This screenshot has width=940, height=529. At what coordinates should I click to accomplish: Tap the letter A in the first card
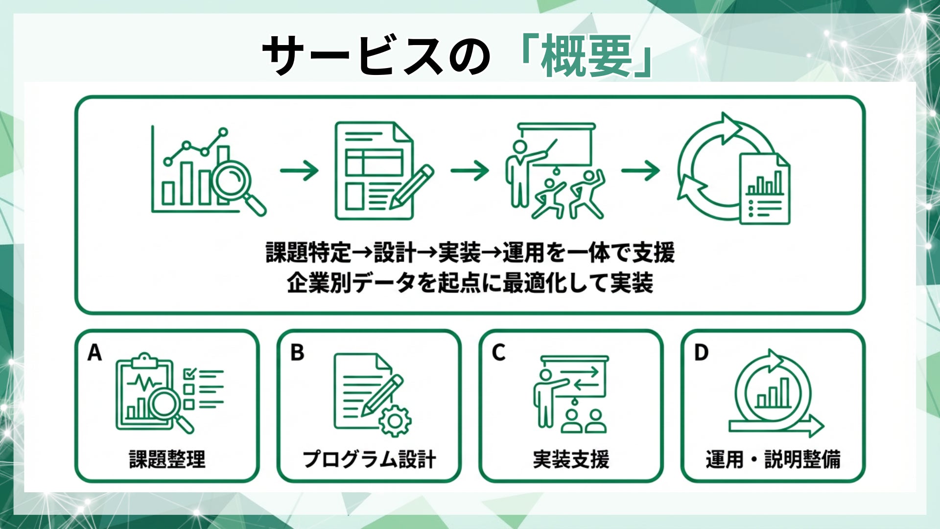coord(94,353)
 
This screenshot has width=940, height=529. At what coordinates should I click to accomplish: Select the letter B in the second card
coord(297,353)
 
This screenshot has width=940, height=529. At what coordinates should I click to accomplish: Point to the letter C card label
coord(498,353)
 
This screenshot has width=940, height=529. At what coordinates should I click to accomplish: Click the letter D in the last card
coord(701,353)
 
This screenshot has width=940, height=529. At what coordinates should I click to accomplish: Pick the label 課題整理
coord(167,459)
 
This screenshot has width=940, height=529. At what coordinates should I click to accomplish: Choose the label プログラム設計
coord(369,459)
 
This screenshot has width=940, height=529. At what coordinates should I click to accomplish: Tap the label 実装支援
coord(571,459)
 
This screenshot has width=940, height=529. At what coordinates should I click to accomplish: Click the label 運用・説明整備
coord(773,459)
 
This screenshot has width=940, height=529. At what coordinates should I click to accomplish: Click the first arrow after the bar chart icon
coord(299,170)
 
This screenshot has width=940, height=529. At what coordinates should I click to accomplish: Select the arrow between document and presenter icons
coord(470,170)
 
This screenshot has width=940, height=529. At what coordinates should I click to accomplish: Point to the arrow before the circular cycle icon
coord(640,170)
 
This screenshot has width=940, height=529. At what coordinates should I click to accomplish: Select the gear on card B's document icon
coord(395,421)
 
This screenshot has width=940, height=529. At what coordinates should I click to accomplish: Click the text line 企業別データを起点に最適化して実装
coord(470,283)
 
